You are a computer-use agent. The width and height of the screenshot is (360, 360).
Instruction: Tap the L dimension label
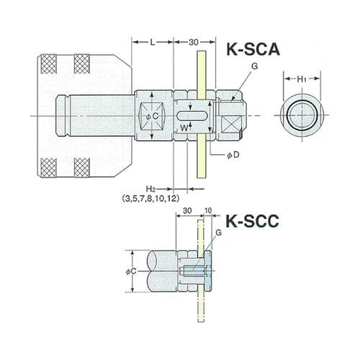(152, 43)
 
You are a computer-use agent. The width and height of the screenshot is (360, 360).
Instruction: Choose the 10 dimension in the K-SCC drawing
(209, 212)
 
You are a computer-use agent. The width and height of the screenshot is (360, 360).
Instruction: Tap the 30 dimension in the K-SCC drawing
(186, 212)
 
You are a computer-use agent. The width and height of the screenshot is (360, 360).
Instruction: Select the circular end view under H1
(301, 115)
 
